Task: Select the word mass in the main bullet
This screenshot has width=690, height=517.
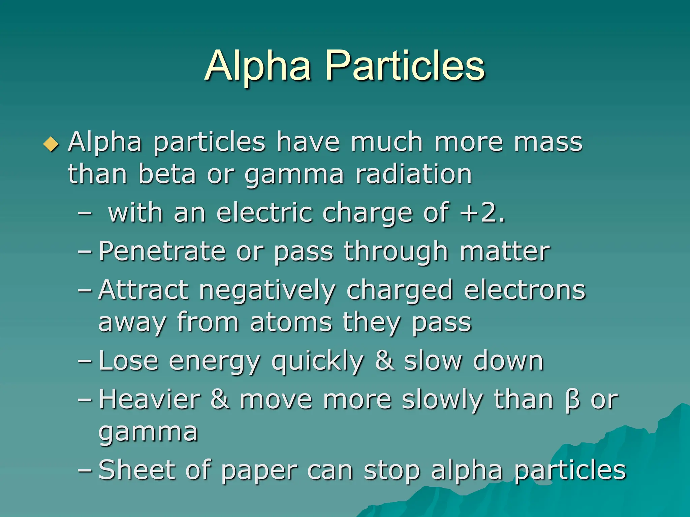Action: point(548,142)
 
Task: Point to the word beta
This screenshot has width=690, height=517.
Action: point(167,174)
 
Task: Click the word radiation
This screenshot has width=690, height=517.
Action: point(414,174)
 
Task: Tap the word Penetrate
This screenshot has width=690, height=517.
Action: point(162,251)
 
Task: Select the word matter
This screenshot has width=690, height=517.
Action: point(505,251)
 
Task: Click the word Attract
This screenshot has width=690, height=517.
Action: point(143,290)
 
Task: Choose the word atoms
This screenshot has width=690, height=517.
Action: point(291,322)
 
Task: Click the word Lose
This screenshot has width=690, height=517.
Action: point(128,361)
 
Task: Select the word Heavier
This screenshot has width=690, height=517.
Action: point(150,400)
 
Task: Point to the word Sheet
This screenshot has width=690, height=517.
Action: point(137,470)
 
